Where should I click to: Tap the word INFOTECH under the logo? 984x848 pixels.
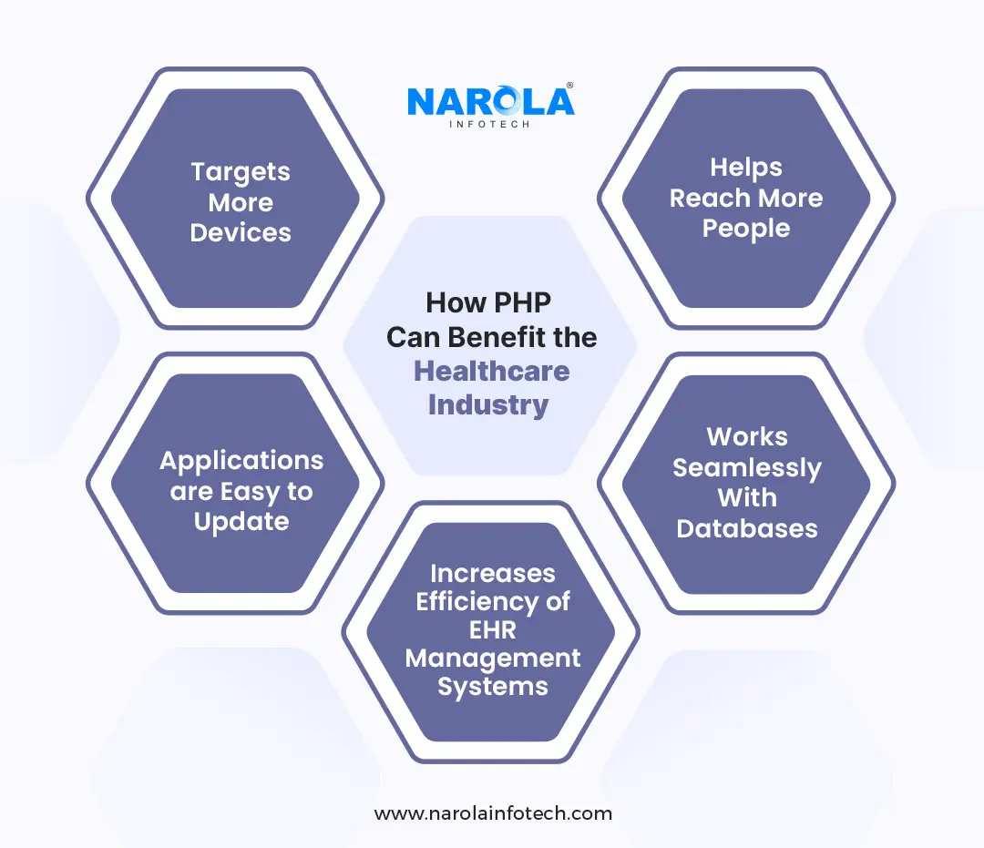coord(491,123)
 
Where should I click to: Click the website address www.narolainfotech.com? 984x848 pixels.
coord(493,813)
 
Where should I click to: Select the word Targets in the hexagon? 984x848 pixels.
coord(241,171)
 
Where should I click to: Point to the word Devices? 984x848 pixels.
coord(241,232)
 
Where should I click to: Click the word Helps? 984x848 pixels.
coord(746,168)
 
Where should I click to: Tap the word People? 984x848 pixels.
coord(746,229)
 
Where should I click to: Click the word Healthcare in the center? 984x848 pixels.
coord(492,371)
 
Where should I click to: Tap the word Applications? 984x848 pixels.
coord(241,460)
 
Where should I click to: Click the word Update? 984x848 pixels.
coord(241,522)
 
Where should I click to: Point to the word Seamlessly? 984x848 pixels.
coord(746,467)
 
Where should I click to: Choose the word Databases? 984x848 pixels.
coord(746,528)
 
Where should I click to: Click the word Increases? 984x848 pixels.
coord(492,573)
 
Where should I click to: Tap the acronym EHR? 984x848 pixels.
coord(492,629)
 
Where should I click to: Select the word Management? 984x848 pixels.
coord(492,658)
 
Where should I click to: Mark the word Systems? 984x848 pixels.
coord(492,686)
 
